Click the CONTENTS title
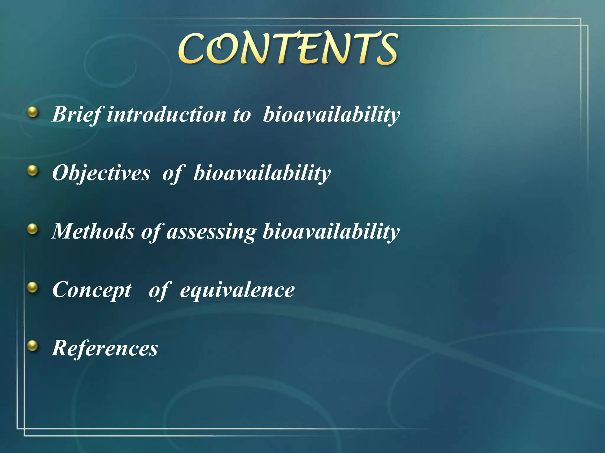point(288,49)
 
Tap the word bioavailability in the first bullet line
point(331,114)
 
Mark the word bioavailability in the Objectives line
point(262,173)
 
